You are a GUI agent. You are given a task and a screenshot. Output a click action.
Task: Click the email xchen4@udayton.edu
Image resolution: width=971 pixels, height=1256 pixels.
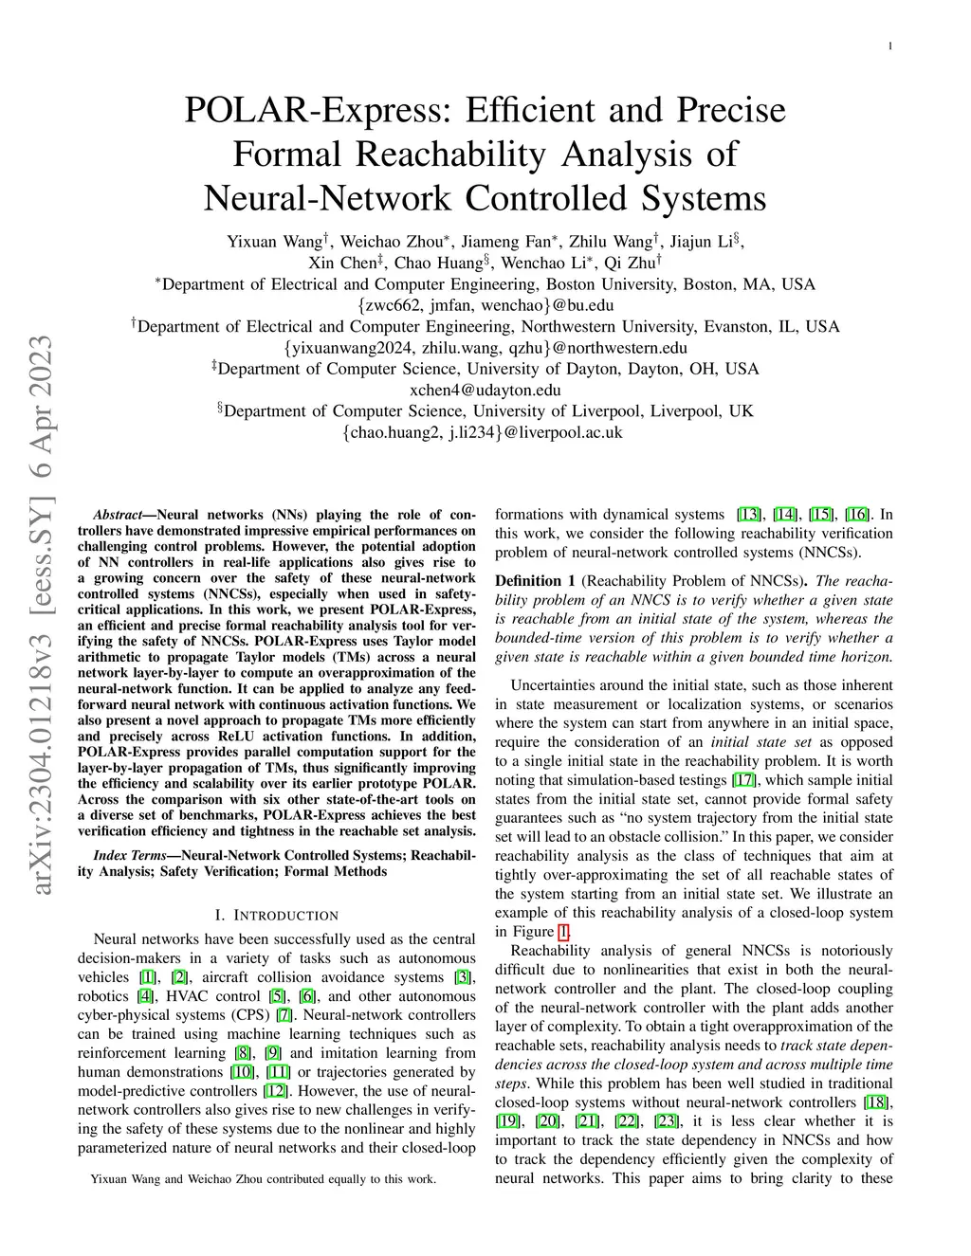(x=485, y=390)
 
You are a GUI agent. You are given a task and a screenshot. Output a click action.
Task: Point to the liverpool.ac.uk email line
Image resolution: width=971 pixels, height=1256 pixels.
(x=485, y=432)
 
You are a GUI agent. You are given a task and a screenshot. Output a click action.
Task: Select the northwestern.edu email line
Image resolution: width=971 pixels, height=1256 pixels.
(x=485, y=348)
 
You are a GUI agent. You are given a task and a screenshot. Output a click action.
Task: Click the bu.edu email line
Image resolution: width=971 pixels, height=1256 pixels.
(x=485, y=305)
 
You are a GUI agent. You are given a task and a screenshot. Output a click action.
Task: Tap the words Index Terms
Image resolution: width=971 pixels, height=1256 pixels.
(x=129, y=855)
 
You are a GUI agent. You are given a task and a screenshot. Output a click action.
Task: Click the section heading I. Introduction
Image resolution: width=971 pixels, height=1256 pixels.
(x=276, y=916)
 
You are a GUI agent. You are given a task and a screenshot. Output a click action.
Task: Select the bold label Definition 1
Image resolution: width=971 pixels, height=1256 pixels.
(x=535, y=581)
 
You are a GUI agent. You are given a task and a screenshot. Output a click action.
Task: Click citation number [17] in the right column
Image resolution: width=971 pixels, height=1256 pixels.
(x=743, y=780)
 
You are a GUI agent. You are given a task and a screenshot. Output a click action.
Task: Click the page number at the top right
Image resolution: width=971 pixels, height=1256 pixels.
(x=890, y=46)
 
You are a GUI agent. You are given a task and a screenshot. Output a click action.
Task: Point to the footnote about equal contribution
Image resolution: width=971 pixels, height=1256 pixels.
(x=263, y=1179)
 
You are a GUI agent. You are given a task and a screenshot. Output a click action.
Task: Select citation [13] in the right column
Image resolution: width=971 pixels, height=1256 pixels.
(x=749, y=515)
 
